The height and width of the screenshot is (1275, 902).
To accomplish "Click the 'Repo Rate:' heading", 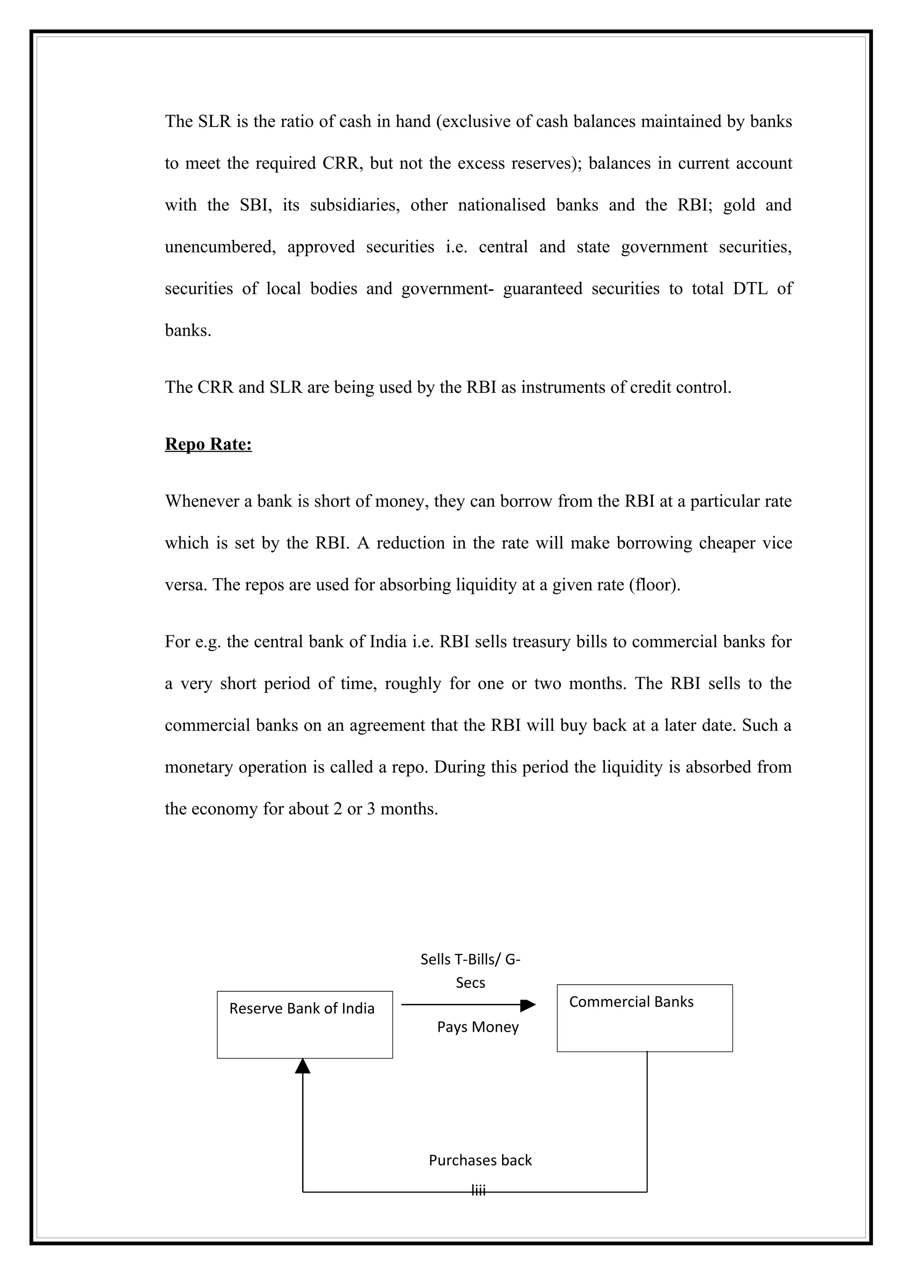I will pos(208,444).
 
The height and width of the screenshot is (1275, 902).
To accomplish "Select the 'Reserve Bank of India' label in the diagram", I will pos(302,1008).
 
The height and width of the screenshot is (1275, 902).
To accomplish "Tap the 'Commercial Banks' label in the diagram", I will pos(631,1002).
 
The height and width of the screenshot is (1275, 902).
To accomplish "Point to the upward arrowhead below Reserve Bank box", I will pos(302,1066).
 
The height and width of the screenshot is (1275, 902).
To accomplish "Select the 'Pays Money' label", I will pos(477,1027).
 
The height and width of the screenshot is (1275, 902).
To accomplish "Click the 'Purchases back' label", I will pos(480,1161).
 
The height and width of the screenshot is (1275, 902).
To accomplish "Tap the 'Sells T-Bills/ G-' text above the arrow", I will pos(470,960).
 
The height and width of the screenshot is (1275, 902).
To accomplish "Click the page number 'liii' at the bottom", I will pos(478,1191).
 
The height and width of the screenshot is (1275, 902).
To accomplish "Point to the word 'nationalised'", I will pos(501,205).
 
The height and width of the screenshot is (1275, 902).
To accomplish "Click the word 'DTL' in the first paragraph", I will pos(750,289).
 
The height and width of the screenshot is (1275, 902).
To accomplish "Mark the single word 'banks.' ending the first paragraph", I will pos(188,331).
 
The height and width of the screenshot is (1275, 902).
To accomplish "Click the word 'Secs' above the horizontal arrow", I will pos(470,983).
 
